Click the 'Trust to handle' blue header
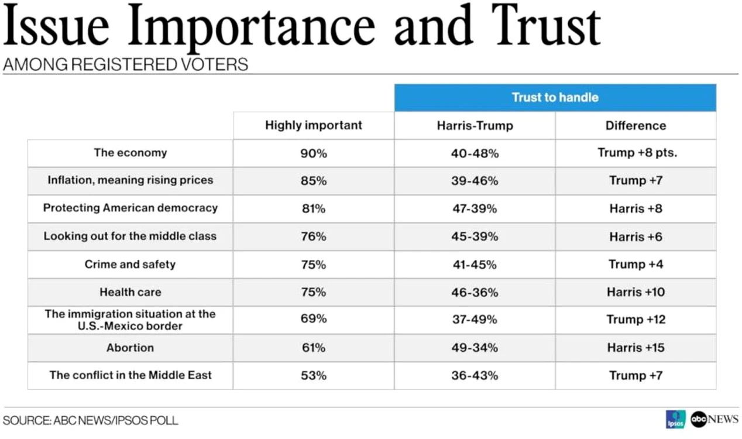[x=555, y=97]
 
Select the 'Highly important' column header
[x=314, y=125]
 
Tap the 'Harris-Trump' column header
[x=475, y=126]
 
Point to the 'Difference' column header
[x=635, y=126]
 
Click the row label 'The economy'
[x=130, y=153]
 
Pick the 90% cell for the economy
[x=314, y=153]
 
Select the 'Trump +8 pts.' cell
[x=637, y=153]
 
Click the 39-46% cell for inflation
[x=475, y=181]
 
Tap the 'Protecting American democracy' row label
[x=130, y=208]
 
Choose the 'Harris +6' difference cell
[x=635, y=236]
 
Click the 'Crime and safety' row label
[x=130, y=265]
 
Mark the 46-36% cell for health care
[x=475, y=293]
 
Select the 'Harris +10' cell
[x=635, y=292]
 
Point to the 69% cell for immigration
[x=314, y=319]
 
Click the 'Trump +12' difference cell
[x=635, y=320]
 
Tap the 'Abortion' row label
[x=130, y=348]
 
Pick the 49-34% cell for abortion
[x=475, y=348]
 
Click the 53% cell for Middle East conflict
[x=314, y=376]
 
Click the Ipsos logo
[x=676, y=420]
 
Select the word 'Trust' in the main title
[x=546, y=26]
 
